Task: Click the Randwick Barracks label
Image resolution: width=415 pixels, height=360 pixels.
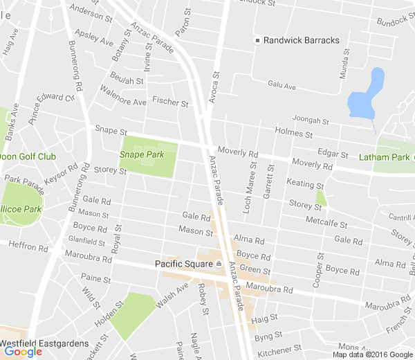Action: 302,40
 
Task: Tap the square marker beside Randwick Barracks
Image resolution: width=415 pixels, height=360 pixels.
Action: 257,40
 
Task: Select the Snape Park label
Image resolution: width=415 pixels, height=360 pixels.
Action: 142,154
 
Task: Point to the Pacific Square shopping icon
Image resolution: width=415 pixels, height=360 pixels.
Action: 219,264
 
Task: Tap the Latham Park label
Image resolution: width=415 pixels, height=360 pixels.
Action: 385,157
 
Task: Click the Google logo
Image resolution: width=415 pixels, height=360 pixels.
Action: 23,352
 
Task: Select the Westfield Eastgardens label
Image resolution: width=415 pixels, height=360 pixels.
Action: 44,343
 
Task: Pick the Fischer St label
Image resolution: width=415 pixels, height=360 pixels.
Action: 171,102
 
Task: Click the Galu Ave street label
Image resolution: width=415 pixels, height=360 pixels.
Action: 282,86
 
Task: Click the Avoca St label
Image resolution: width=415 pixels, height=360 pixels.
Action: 214,86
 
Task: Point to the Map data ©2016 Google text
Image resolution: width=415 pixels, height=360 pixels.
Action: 371,354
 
